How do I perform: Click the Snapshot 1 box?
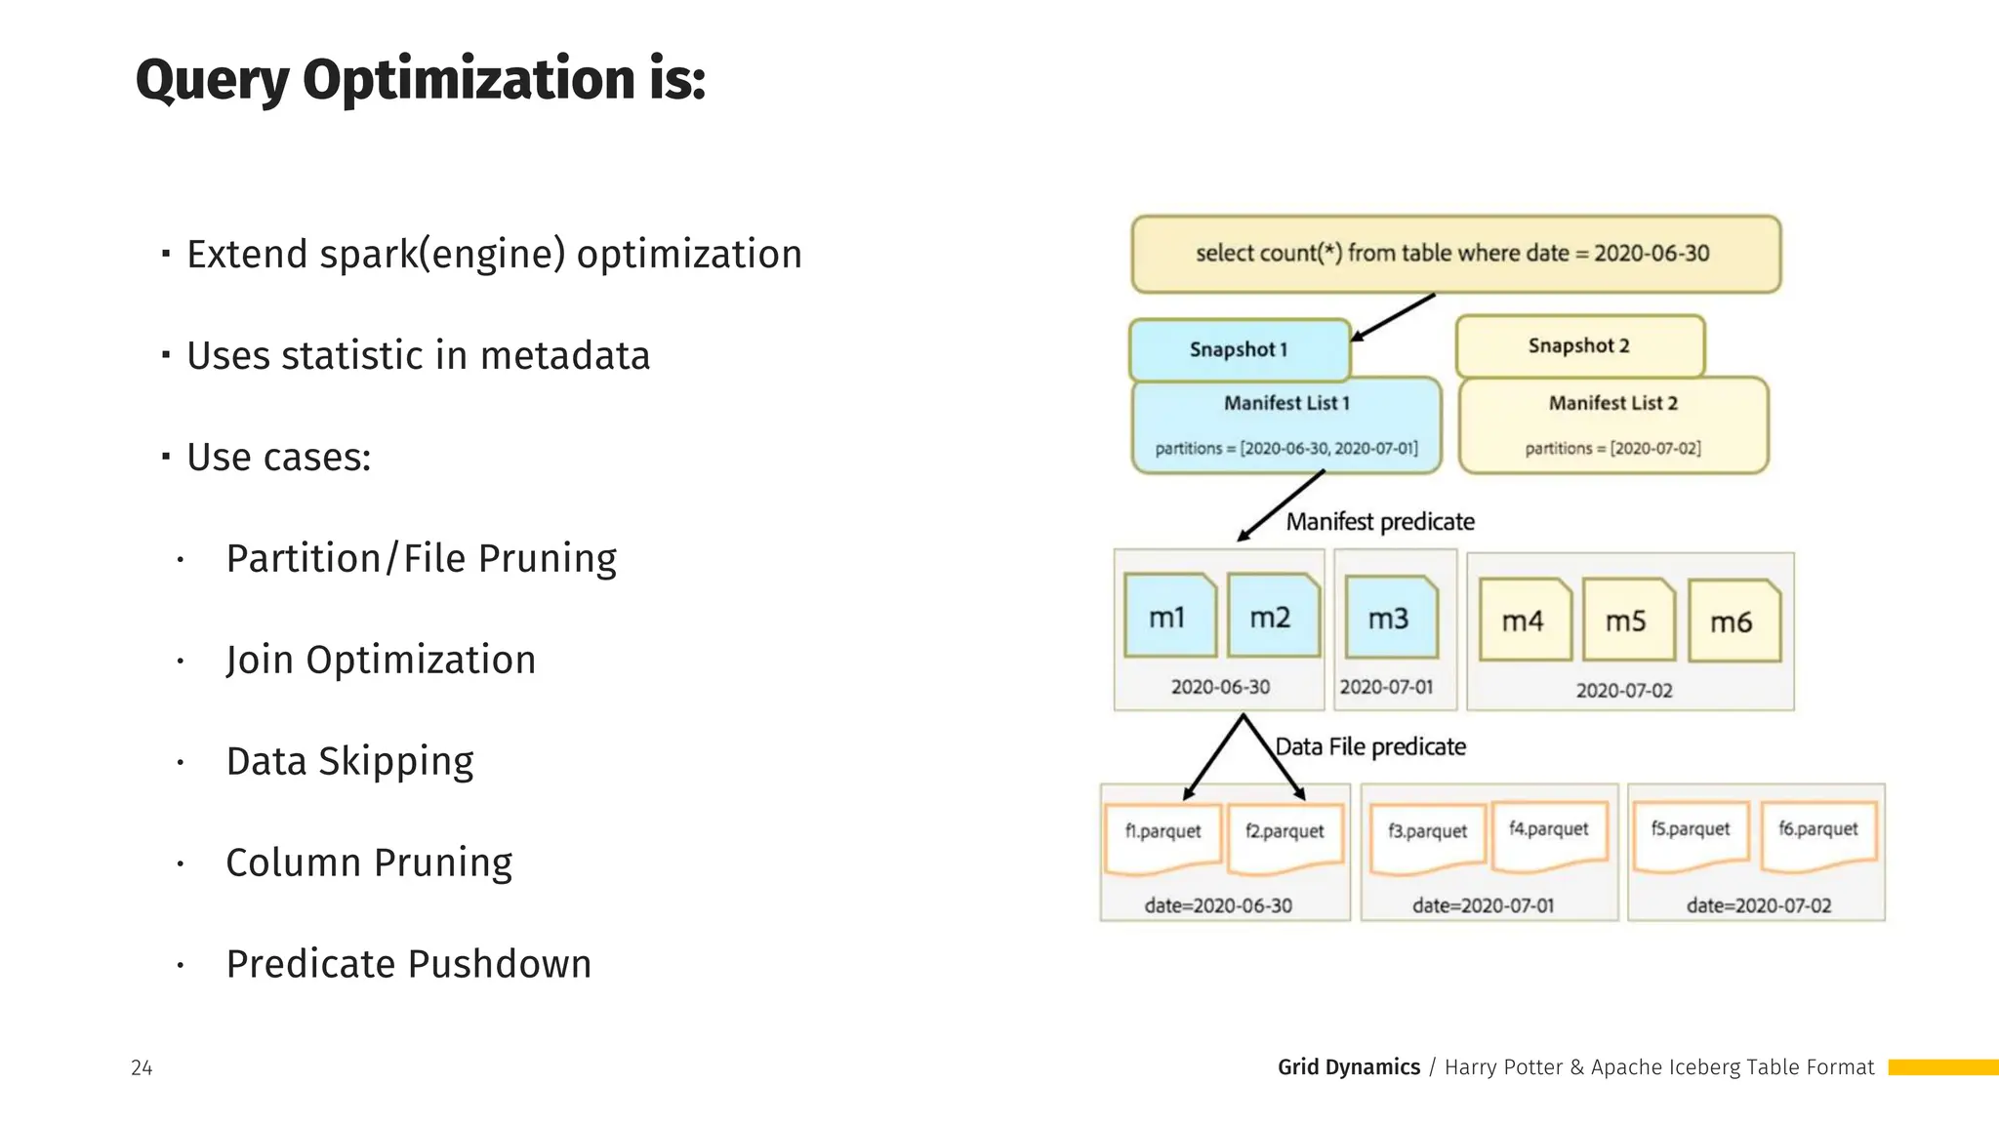(1239, 349)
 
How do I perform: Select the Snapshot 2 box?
(1578, 345)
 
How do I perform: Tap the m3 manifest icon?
(1390, 618)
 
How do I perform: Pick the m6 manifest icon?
(1733, 622)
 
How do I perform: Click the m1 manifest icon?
(1168, 617)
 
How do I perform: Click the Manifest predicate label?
(1379, 522)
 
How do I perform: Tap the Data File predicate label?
(1370, 747)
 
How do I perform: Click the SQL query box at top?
(1454, 254)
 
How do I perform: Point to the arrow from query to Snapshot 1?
(1394, 317)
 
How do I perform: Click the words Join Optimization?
(381, 661)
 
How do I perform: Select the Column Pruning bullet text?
(369, 863)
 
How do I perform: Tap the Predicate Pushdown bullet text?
(408, 965)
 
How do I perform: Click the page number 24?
(142, 1068)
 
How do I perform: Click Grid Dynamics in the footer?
(1348, 1067)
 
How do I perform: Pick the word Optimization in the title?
(469, 80)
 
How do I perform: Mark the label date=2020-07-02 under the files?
(1758, 906)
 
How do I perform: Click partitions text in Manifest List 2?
(1612, 449)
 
